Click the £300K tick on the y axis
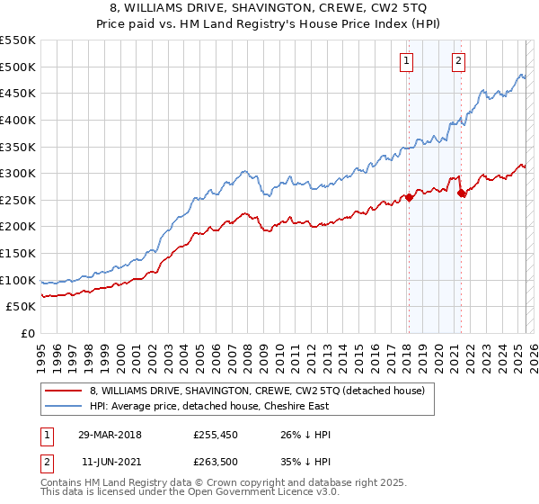pyautogui.click(x=18, y=173)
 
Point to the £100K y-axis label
pyautogui.click(x=18, y=280)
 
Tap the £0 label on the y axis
pyautogui.click(x=27, y=333)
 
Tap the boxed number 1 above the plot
pyautogui.click(x=407, y=61)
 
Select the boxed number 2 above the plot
pyautogui.click(x=458, y=61)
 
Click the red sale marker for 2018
pyautogui.click(x=409, y=197)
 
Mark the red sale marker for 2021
pyautogui.click(x=461, y=193)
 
